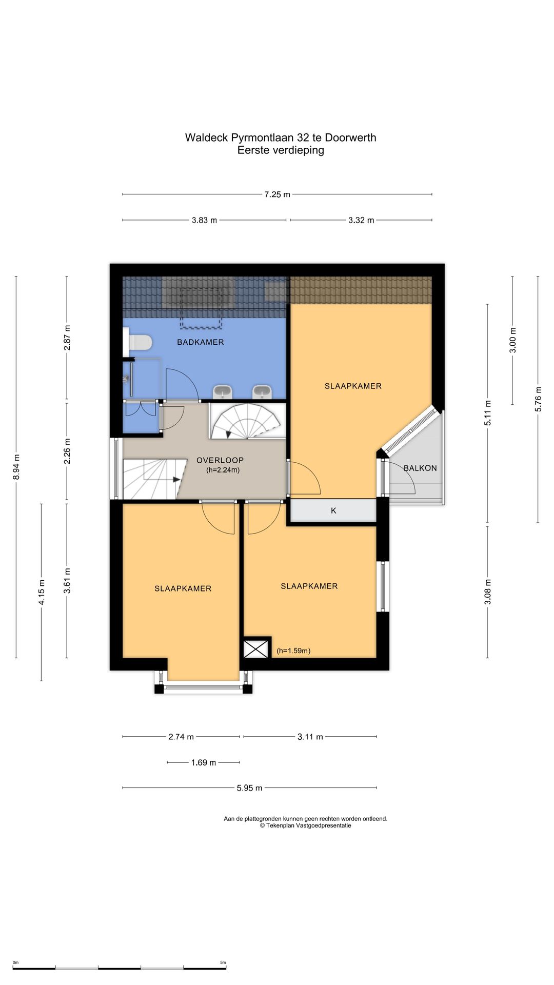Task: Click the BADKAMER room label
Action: [201, 342]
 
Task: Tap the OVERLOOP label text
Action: [220, 460]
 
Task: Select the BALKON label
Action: [420, 468]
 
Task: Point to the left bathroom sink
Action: [223, 391]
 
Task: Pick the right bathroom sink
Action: [262, 391]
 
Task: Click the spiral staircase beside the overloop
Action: [247, 421]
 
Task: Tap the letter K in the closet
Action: [333, 510]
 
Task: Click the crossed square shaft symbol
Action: [256, 648]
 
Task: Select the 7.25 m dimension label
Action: [278, 194]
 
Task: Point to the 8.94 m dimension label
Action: [16, 467]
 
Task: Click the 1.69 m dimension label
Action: [204, 762]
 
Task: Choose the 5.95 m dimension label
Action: [249, 788]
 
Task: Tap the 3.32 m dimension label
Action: [361, 220]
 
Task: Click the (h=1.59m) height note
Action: [293, 651]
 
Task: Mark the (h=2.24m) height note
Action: [223, 469]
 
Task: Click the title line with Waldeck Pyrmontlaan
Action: [281, 137]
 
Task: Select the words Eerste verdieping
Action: [281, 150]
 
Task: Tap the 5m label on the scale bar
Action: [223, 962]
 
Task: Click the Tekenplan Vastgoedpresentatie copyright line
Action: [306, 825]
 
